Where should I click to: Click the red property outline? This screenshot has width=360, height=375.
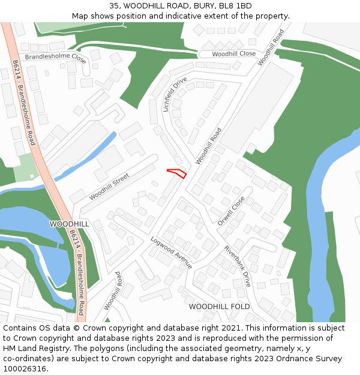pyautogui.click(x=177, y=173)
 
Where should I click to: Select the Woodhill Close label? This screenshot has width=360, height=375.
pyautogui.click(x=233, y=53)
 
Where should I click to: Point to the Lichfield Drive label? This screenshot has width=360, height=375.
pyautogui.click(x=175, y=94)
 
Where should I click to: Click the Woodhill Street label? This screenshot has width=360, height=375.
pyautogui.click(x=109, y=187)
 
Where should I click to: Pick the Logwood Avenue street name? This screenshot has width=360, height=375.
pyautogui.click(x=171, y=252)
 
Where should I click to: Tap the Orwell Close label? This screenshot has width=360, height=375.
pyautogui.click(x=232, y=211)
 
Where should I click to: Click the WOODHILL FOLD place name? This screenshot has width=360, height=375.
pyautogui.click(x=219, y=307)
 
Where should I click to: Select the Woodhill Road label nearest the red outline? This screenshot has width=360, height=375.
pyautogui.click(x=208, y=146)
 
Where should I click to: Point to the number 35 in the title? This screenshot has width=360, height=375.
pyautogui.click(x=114, y=6)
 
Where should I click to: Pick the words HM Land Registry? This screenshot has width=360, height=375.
pyautogui.click(x=34, y=349)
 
